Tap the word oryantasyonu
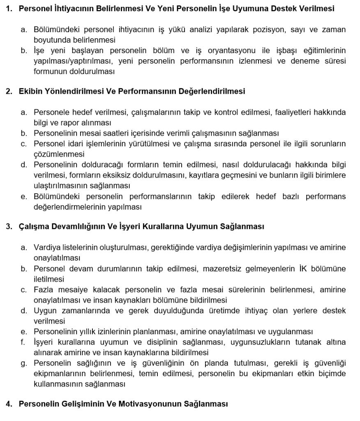(237, 51)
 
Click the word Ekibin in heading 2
(30, 91)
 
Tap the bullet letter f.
(23, 342)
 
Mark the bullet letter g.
(24, 363)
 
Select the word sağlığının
(83, 363)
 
